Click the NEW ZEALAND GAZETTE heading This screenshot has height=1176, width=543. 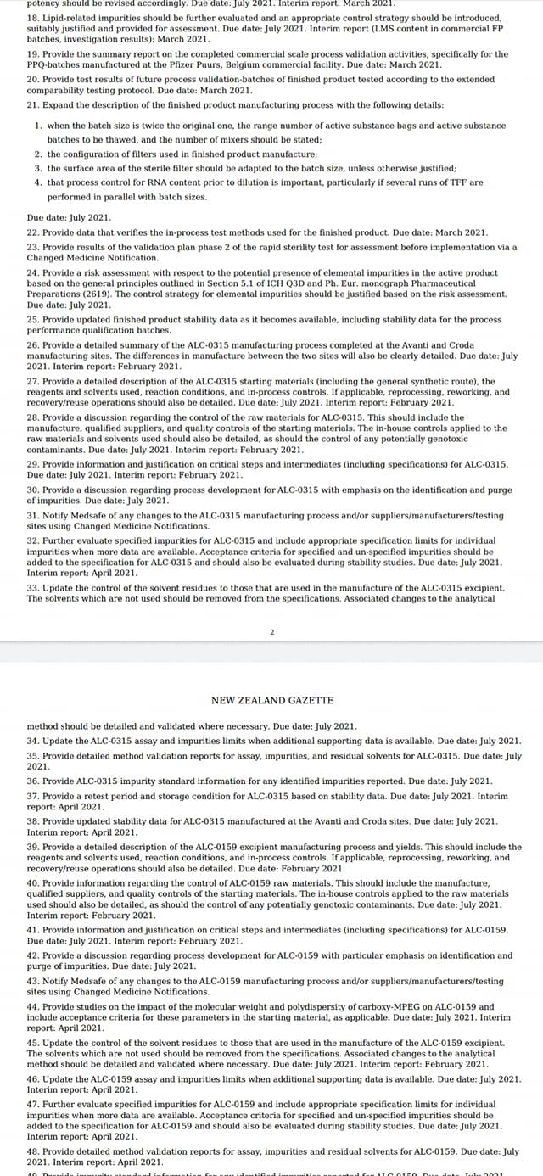[x=271, y=700]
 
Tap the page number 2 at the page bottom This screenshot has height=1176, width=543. [x=271, y=632]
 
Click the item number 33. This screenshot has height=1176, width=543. [x=34, y=587]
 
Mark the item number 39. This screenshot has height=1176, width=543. [x=34, y=847]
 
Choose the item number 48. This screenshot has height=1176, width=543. [x=34, y=1151]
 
